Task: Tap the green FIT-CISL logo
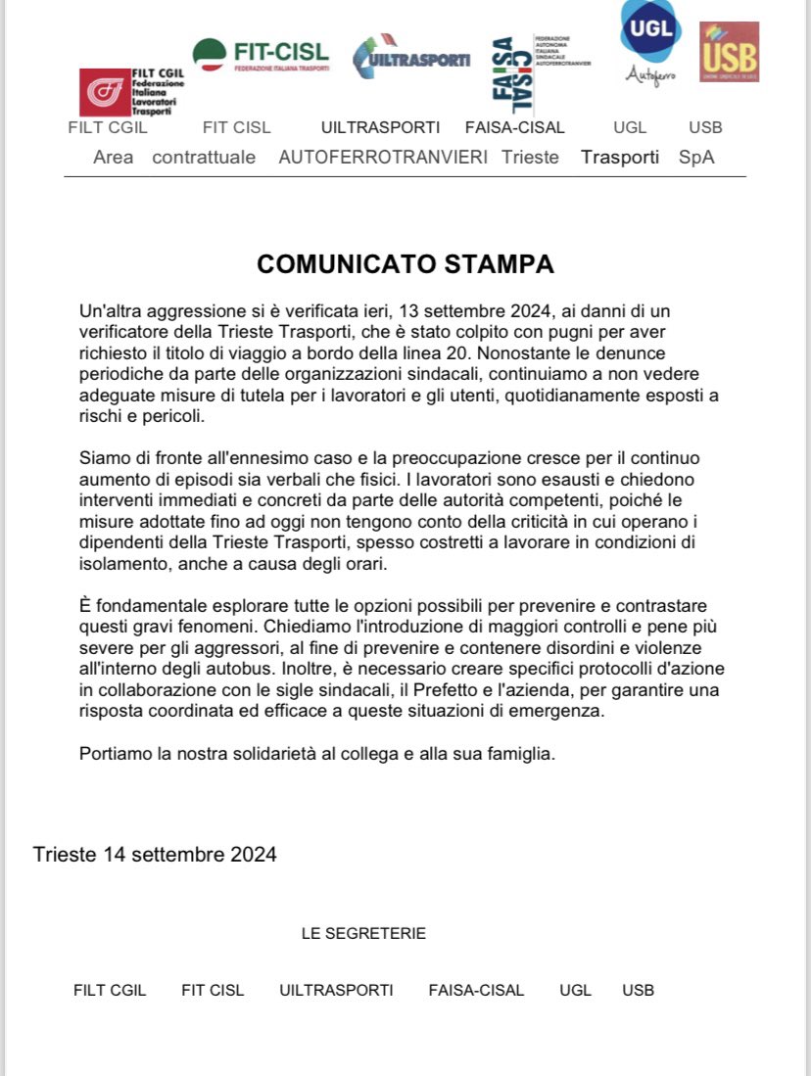pos(260,55)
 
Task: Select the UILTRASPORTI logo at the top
pos(410,59)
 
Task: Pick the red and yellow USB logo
pos(729,52)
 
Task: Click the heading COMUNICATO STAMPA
pos(405,264)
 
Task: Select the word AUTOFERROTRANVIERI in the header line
pos(383,157)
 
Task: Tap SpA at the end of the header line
pos(696,157)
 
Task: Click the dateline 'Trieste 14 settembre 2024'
pos(155,854)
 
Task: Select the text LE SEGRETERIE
pos(363,933)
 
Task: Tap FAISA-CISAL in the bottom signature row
pos(476,990)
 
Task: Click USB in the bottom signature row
pos(638,990)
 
